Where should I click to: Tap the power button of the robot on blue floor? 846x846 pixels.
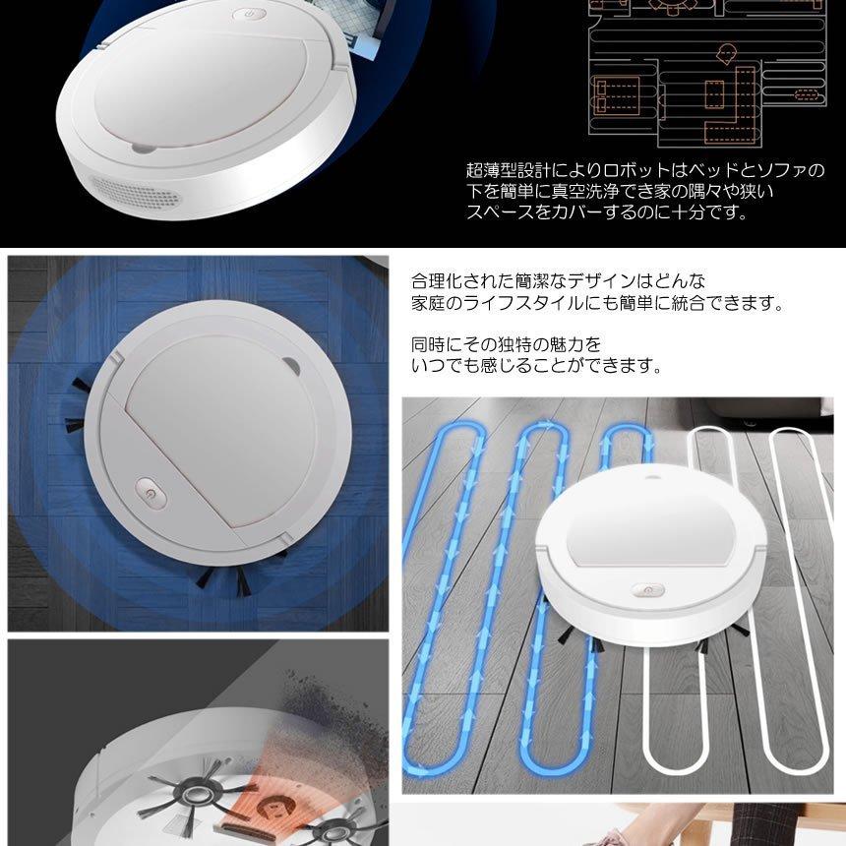(148, 491)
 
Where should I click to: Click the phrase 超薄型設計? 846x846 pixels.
(510, 171)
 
